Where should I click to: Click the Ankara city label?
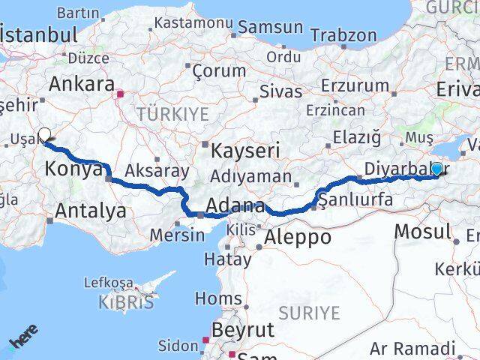82,84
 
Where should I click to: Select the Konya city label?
73,169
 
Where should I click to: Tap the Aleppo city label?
298,238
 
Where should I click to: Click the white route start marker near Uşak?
44,135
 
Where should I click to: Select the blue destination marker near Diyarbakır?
436,169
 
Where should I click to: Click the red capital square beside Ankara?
120,94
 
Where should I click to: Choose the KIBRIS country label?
125,302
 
